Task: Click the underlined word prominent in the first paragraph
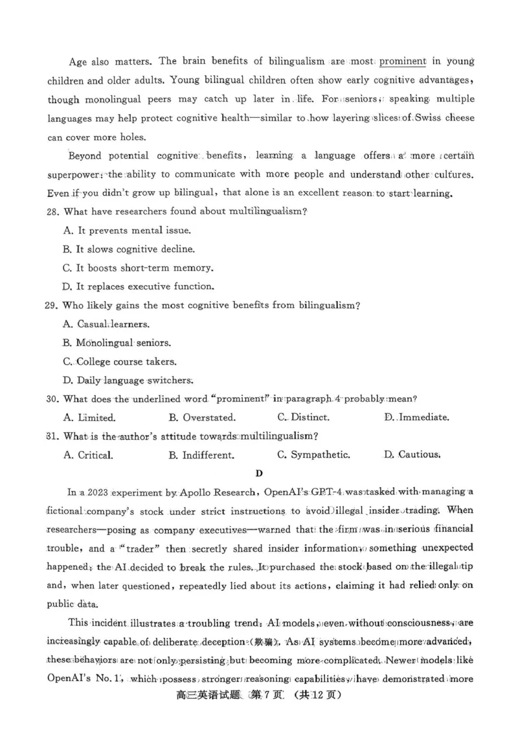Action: [x=402, y=62]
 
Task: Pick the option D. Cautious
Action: [x=412, y=455]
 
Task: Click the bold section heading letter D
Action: [x=259, y=474]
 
